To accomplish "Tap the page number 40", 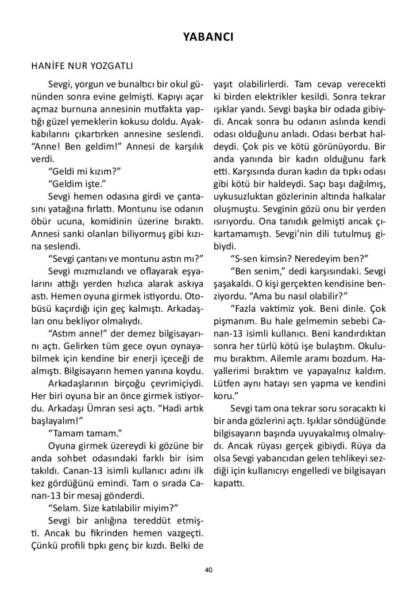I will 208,569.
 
